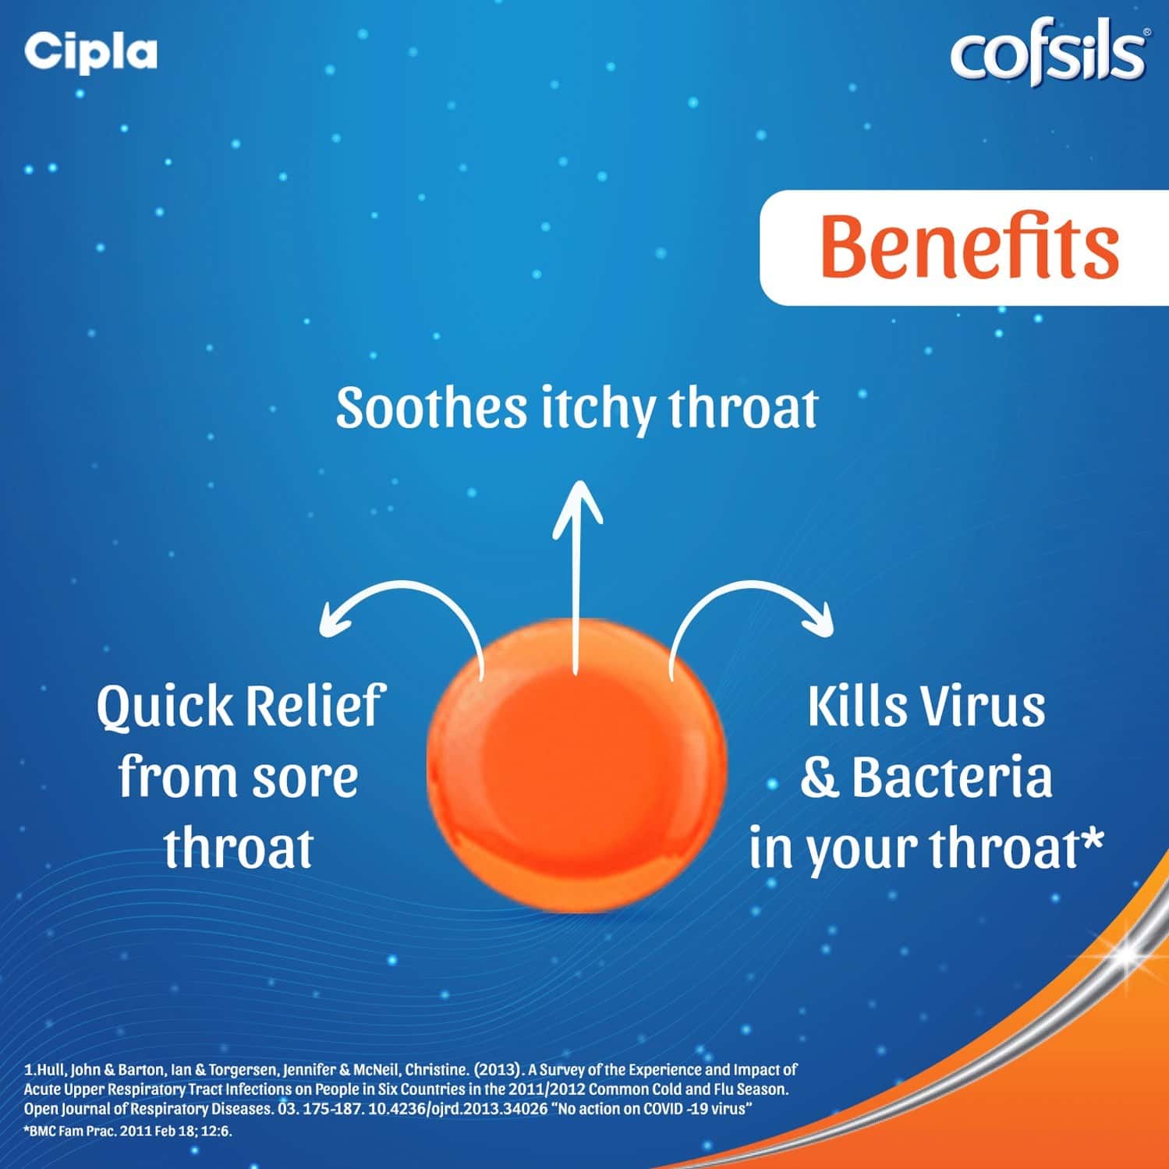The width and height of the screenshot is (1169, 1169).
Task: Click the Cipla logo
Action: [x=90, y=52]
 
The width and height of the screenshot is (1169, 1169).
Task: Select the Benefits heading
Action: [x=969, y=246]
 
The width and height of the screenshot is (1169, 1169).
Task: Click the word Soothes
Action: [x=431, y=408]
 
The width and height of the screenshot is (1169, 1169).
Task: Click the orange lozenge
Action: [x=576, y=764]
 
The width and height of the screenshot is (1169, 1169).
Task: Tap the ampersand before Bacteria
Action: [x=819, y=779]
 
